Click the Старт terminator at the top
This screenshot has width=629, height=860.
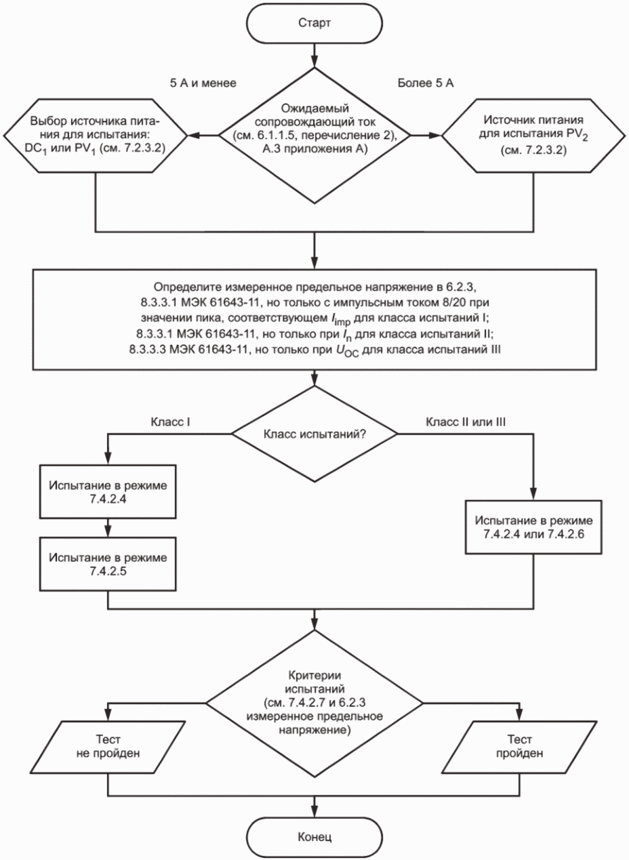(x=314, y=23)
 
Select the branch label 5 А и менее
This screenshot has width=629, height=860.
(x=203, y=83)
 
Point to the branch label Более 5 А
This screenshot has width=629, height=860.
(x=426, y=83)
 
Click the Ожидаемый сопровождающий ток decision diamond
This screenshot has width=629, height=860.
(x=314, y=135)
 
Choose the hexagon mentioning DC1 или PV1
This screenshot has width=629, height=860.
(x=96, y=135)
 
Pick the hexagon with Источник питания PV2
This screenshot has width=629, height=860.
(x=533, y=135)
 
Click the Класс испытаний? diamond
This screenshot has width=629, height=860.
(x=314, y=434)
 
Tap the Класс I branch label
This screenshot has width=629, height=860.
(x=170, y=422)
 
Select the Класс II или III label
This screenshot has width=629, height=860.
(x=466, y=422)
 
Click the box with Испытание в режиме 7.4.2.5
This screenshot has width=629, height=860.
(x=108, y=564)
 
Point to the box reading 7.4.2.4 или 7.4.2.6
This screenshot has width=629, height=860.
(x=533, y=527)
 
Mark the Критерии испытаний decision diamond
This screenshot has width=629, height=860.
(x=314, y=703)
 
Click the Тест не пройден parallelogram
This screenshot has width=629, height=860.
(x=108, y=747)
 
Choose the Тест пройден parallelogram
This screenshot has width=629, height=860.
(x=520, y=747)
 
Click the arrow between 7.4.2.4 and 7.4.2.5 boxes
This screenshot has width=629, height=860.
(x=108, y=528)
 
